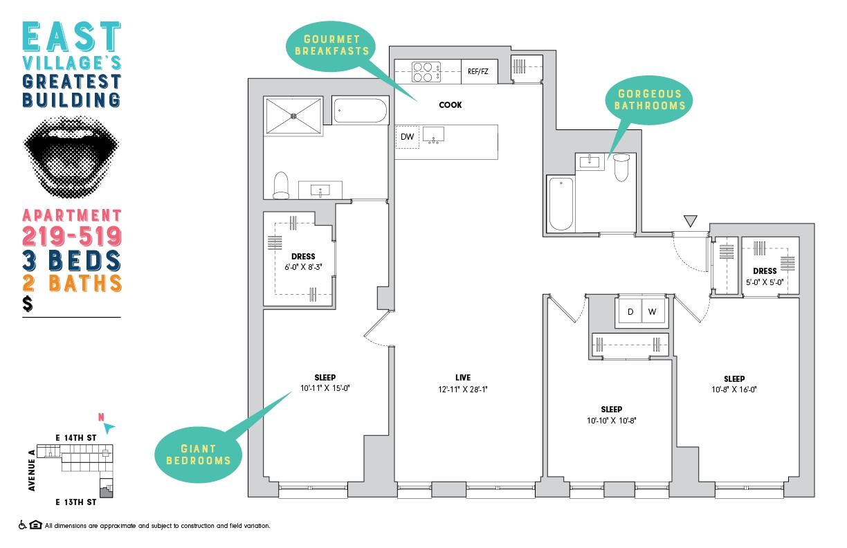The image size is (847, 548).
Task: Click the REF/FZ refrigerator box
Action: click(479, 71)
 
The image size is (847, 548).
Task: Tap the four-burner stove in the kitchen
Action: click(426, 72)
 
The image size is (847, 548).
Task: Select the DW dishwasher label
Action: click(408, 137)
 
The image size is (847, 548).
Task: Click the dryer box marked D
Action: click(629, 311)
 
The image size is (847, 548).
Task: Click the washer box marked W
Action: click(653, 311)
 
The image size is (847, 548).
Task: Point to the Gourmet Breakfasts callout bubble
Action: click(331, 46)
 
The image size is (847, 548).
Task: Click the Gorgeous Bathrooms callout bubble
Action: click(649, 100)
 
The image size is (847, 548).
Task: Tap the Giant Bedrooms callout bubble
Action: click(199, 455)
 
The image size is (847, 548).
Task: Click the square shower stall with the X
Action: click(294, 116)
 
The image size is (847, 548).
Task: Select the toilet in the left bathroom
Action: click(281, 185)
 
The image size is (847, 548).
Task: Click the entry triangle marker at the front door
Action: click(690, 221)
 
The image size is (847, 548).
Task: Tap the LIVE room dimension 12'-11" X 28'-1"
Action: click(463, 389)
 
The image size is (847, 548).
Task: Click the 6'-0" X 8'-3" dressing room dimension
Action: click(303, 267)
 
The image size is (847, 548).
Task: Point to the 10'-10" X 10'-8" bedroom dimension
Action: click(612, 421)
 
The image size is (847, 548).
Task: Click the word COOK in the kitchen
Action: click(450, 105)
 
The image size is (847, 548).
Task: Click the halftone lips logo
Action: click(72, 157)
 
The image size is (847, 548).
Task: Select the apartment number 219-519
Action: click(72, 237)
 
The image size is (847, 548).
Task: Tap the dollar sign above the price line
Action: click(28, 304)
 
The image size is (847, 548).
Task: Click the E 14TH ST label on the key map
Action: click(76, 438)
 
